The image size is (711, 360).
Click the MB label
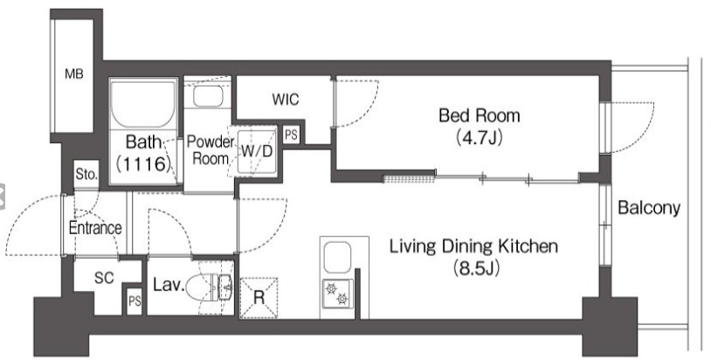click(x=74, y=73)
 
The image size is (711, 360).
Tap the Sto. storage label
click(x=86, y=174)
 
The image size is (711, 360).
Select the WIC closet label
click(x=286, y=100)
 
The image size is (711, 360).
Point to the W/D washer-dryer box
click(x=257, y=151)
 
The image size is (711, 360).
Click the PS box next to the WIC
click(x=291, y=135)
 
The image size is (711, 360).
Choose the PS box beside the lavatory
click(x=135, y=301)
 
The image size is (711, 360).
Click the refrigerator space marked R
click(x=259, y=298)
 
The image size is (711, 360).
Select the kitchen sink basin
click(x=337, y=258)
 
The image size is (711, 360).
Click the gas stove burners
click(x=337, y=294)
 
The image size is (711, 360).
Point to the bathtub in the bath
click(x=143, y=104)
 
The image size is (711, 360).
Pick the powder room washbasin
click(x=208, y=96)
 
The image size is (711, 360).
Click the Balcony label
click(x=649, y=208)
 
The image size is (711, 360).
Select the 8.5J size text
click(x=476, y=268)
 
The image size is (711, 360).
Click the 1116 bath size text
click(x=143, y=163)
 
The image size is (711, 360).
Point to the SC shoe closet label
click(x=104, y=277)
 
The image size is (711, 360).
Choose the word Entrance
click(x=95, y=227)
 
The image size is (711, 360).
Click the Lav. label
click(x=169, y=285)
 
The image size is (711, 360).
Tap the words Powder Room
click(x=211, y=150)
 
